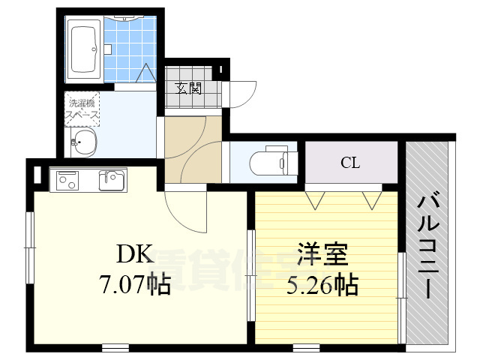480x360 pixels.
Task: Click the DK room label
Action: tap(135, 256)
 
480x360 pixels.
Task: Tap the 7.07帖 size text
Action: tap(135, 284)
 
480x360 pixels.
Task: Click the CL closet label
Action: tap(349, 162)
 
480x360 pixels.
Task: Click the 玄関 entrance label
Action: tap(190, 88)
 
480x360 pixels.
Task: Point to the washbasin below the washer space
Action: tap(83, 142)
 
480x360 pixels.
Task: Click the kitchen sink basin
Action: tap(112, 181)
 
